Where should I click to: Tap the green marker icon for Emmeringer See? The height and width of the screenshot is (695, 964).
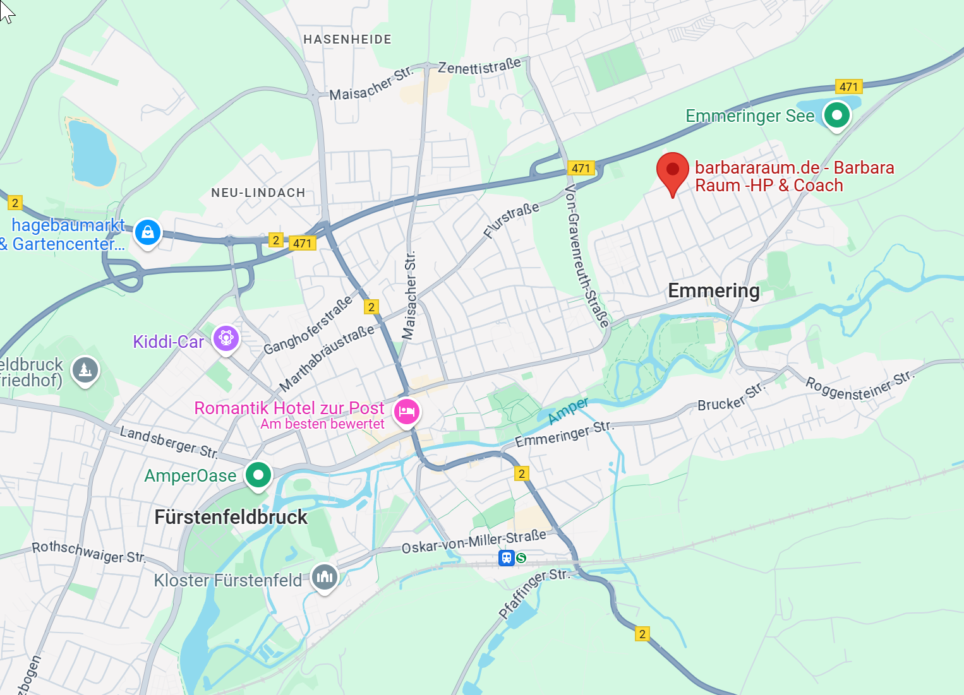(837, 116)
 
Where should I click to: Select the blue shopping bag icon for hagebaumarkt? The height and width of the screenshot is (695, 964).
(148, 232)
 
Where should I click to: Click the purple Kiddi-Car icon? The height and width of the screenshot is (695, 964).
(226, 339)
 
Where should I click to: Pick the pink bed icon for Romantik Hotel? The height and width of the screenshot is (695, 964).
(407, 412)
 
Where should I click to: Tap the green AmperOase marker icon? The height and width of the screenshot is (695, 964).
(258, 475)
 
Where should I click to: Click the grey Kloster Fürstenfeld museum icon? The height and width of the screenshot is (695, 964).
(325, 576)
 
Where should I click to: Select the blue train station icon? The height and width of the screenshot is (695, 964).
(506, 558)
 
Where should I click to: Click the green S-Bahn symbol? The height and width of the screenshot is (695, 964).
(521, 558)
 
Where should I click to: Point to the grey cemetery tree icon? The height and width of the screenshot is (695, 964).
(85, 370)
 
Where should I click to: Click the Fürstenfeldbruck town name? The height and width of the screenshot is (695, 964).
(231, 518)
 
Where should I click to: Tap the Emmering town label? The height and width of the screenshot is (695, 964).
(714, 291)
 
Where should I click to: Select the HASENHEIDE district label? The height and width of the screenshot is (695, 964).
(347, 40)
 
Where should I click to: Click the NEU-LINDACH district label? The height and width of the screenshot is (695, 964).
(258, 193)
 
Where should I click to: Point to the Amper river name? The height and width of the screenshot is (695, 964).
(568, 410)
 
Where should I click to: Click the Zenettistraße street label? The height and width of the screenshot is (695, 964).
(479, 66)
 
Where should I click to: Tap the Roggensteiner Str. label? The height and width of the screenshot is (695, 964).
(859, 386)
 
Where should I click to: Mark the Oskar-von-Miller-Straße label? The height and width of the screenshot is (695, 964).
(474, 542)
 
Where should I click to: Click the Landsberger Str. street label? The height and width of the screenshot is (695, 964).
(169, 441)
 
